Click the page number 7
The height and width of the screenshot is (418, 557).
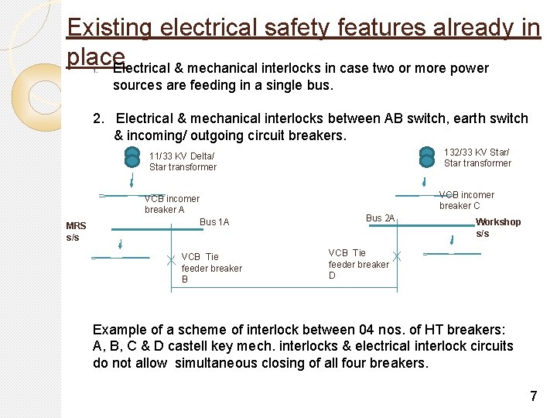(533, 396)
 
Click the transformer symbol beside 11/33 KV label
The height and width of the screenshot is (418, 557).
(132, 157)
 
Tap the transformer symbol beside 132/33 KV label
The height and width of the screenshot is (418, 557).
(427, 156)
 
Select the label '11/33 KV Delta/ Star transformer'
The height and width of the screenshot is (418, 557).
(183, 161)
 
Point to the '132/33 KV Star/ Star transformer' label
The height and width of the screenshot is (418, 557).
(477, 157)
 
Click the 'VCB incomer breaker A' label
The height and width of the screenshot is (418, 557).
(172, 204)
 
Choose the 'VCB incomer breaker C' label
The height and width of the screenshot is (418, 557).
(466, 200)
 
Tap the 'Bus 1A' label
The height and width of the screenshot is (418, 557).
(214, 222)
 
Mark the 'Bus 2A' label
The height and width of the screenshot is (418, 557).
(380, 218)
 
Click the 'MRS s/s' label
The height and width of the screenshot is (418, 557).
(77, 231)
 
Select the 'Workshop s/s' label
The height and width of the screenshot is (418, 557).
(497, 228)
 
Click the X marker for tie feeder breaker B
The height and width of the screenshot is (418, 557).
(171, 262)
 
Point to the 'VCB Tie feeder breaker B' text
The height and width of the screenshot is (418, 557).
(211, 268)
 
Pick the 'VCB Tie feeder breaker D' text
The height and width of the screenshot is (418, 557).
(358, 264)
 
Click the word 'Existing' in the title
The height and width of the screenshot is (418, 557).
(109, 27)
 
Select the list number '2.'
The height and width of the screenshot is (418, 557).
(98, 118)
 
